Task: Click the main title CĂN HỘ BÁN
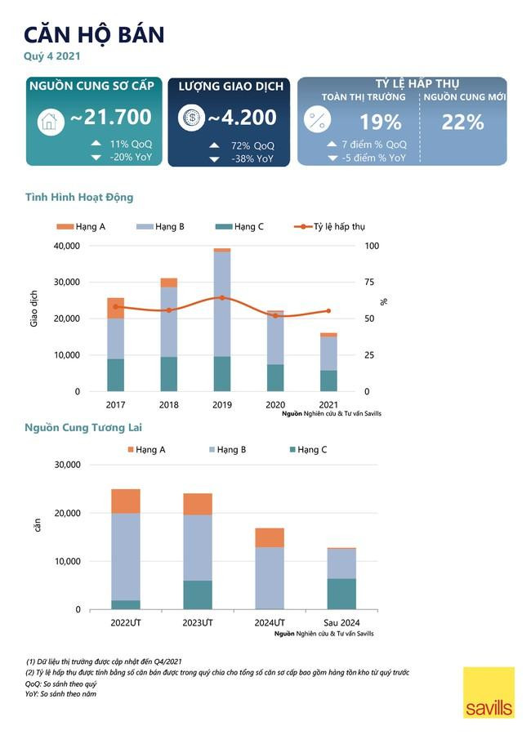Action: (x=94, y=34)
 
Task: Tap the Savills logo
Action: (x=489, y=693)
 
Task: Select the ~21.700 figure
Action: (x=110, y=118)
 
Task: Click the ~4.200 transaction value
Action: (x=242, y=118)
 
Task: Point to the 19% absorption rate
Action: (x=380, y=122)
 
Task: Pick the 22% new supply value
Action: (x=463, y=122)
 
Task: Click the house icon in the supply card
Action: (x=51, y=122)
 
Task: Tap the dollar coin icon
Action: (x=191, y=118)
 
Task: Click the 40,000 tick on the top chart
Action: (x=66, y=246)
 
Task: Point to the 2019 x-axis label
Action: (x=221, y=405)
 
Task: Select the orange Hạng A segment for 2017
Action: (x=116, y=308)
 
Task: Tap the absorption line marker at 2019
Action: (x=221, y=298)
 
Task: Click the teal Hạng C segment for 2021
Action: (x=328, y=381)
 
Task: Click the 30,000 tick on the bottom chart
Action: (x=66, y=465)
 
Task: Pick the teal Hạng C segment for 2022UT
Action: (x=126, y=604)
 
